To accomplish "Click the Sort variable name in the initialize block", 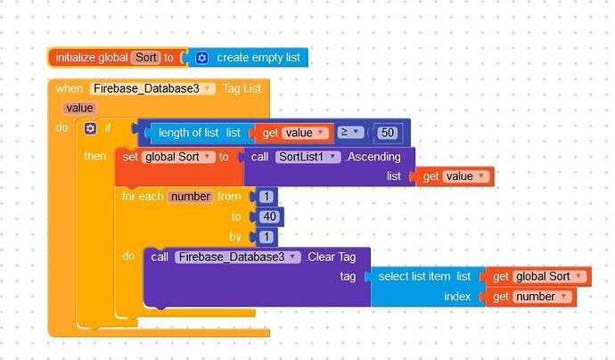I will coord(145,58).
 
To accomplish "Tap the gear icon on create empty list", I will coord(201,58).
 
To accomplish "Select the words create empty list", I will coord(258,58).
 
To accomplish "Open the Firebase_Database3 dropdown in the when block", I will coord(152,88).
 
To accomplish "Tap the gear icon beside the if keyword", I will coord(90,129).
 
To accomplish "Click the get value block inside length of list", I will coord(293,133).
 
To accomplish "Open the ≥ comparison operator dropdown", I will coord(351,133).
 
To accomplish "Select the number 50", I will coord(387,133).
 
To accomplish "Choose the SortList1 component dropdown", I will coord(307,157).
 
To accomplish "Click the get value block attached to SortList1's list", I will coord(454,176).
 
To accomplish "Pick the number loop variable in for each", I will coord(190,196).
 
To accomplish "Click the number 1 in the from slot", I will coord(266,197).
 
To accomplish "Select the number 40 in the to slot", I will coord(269,217).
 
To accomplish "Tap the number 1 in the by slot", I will coord(266,237).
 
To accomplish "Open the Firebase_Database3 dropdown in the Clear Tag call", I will coord(237,257).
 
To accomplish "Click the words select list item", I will coord(414,276).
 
